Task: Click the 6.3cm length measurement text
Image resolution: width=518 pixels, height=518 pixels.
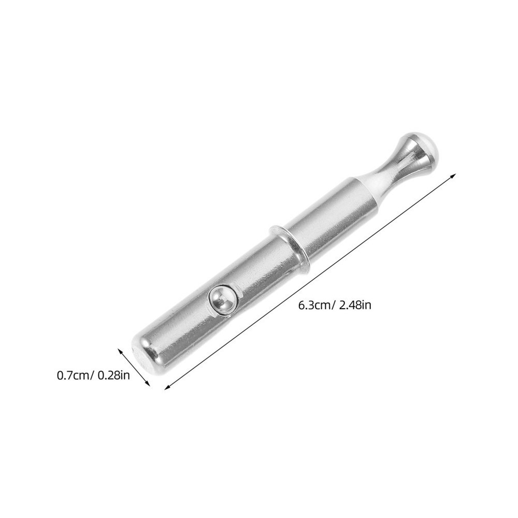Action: point(314,305)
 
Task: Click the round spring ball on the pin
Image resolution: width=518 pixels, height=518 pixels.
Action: point(222,300)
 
